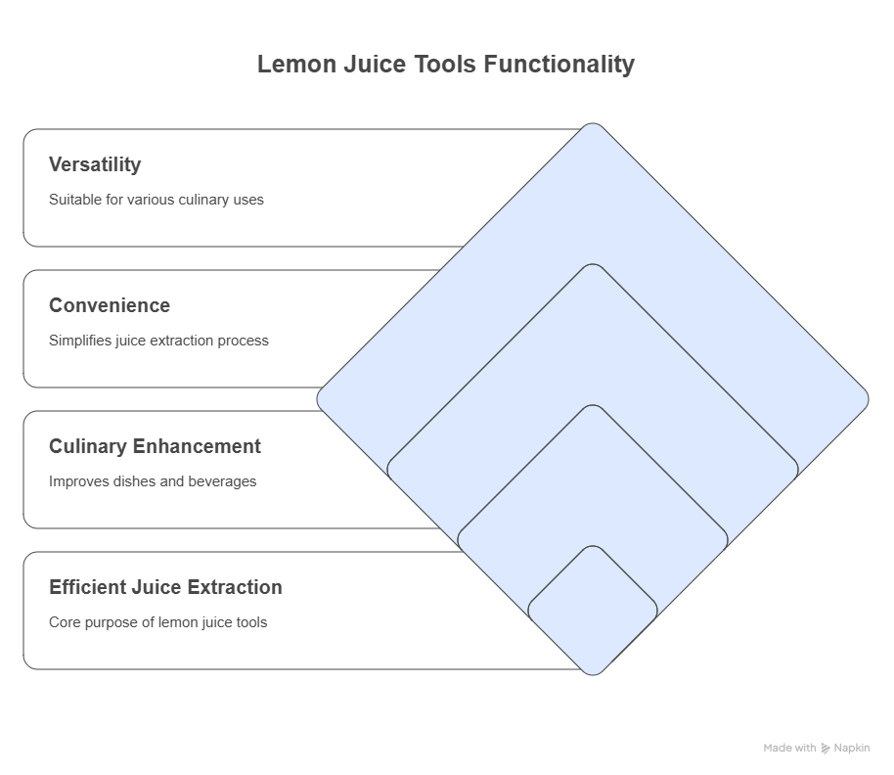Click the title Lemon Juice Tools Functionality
pos(446,65)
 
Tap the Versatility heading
pos(95,164)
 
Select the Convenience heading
pos(110,305)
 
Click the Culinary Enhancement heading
pos(156,446)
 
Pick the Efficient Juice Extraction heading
pos(166,587)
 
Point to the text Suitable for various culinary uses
pos(156,200)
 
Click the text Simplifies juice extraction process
pos(158,341)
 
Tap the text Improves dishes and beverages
pos(153,481)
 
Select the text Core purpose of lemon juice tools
pos(157,622)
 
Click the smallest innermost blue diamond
pos(593,611)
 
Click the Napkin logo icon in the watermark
pos(825,749)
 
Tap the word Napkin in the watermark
pos(852,749)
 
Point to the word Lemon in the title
pos(296,65)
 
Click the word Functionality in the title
pos(559,65)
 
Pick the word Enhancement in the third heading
pos(197,446)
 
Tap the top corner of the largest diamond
pos(593,123)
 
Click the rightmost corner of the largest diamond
pos(869,399)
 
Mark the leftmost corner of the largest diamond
pos(318,399)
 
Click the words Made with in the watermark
pos(789,749)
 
